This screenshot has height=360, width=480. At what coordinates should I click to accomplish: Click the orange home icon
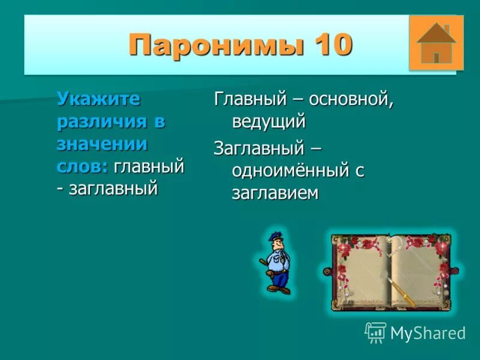tap(436, 43)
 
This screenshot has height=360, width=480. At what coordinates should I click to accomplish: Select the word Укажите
tap(98, 98)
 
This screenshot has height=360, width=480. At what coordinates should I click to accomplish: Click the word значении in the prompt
tap(102, 143)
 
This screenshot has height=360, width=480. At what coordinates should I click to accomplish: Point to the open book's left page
tap(361, 273)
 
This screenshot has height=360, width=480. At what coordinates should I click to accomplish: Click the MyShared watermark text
tap(428, 333)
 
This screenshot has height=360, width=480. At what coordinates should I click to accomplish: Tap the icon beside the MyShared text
tap(375, 332)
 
